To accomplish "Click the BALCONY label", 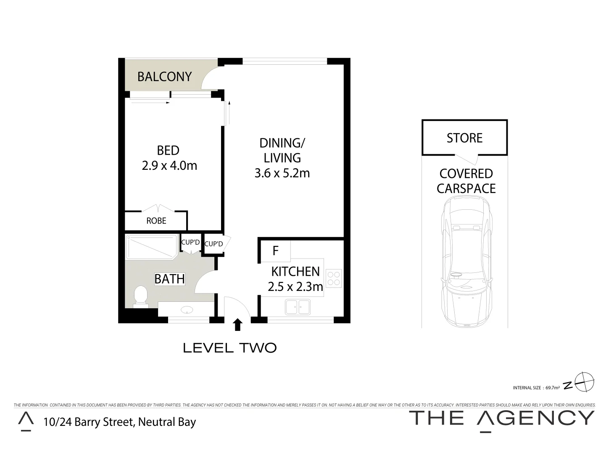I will pyautogui.click(x=164, y=77).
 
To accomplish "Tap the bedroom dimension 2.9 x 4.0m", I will pyautogui.click(x=169, y=166).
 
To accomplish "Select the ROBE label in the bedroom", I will pyautogui.click(x=156, y=221).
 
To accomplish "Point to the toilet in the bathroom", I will pyautogui.click(x=140, y=296).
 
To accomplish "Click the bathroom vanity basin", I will pyautogui.click(x=187, y=310).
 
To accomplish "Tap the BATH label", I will pyautogui.click(x=169, y=279).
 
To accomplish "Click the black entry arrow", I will pyautogui.click(x=237, y=324).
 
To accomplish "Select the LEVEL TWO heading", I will pyautogui.click(x=230, y=348).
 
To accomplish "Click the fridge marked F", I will pyautogui.click(x=275, y=251).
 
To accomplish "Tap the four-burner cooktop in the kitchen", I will pyautogui.click(x=334, y=278).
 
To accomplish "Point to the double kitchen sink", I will pyautogui.click(x=298, y=307).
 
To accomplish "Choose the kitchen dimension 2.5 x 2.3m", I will pyautogui.click(x=295, y=287).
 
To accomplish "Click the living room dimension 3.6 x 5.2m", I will pyautogui.click(x=282, y=173).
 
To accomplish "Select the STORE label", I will pyautogui.click(x=464, y=138).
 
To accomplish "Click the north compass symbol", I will pyautogui.click(x=585, y=383).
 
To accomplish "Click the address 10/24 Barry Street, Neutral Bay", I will pyautogui.click(x=120, y=422).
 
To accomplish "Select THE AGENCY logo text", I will pyautogui.click(x=502, y=419).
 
